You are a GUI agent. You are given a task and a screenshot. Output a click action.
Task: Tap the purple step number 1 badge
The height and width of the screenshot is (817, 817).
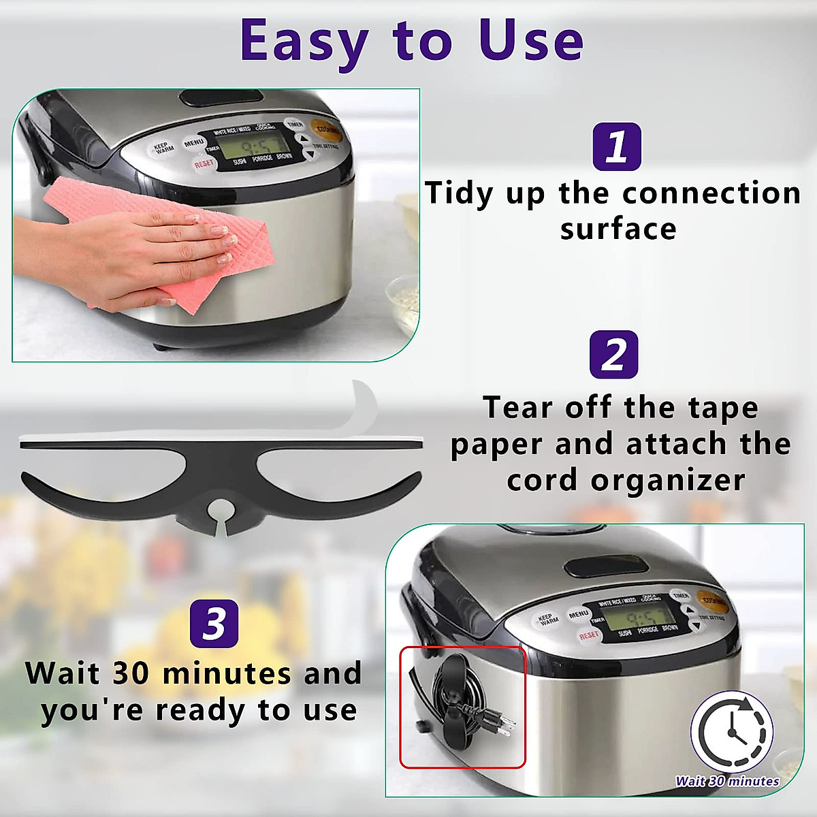click(616, 146)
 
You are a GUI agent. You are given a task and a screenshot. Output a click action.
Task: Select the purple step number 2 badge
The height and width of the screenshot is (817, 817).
click(613, 355)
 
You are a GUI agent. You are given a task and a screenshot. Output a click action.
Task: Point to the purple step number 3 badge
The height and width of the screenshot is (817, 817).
click(214, 623)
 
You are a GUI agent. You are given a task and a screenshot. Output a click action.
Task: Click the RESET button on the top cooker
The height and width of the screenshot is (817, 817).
click(204, 164)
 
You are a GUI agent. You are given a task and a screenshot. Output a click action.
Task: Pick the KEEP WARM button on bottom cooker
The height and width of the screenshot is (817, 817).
click(549, 620)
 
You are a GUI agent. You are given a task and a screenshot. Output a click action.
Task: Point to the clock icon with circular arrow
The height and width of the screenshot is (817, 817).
click(733, 732)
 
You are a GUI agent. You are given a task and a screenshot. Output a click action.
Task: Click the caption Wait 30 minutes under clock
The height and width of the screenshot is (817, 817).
click(727, 781)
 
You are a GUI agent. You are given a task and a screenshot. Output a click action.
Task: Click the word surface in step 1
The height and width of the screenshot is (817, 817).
click(618, 229)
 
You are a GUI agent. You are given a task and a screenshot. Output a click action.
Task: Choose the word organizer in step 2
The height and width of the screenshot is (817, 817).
click(668, 480)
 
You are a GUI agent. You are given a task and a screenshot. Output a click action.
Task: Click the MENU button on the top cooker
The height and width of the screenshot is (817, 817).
click(194, 144)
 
